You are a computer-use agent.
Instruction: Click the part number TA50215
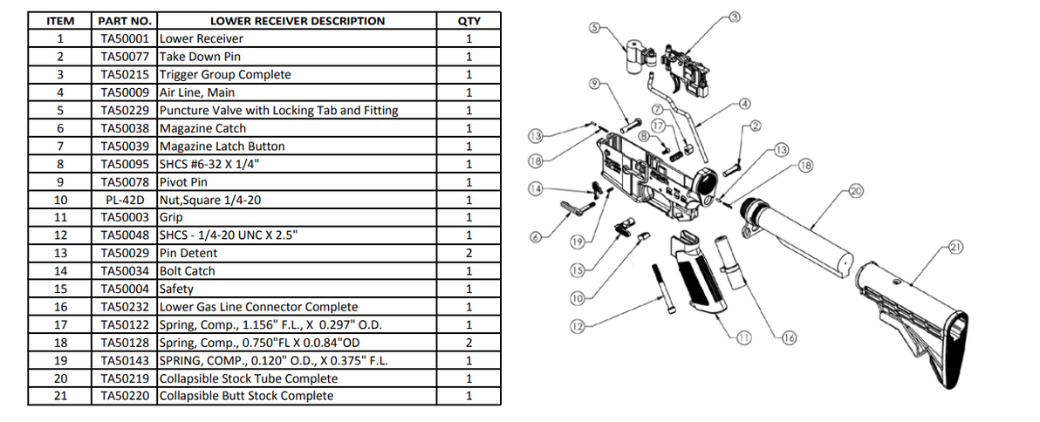pos(127,75)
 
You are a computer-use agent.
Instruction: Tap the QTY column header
pos(469,21)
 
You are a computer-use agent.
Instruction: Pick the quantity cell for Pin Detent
pos(469,254)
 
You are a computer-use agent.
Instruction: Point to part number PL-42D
pos(127,201)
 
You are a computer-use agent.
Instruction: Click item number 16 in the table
pos(59,307)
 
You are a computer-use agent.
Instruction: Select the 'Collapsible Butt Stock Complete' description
pos(247,397)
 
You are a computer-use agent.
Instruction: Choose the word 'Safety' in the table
pos(176,289)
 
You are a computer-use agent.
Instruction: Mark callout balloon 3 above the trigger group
pos(734,16)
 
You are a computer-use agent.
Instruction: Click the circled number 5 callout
pos(596,27)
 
